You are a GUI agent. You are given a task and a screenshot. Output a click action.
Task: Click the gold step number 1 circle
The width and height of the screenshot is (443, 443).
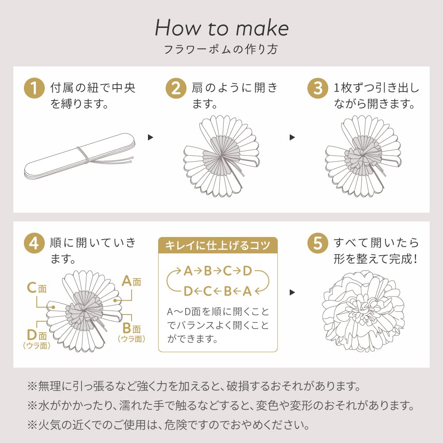point(34,88)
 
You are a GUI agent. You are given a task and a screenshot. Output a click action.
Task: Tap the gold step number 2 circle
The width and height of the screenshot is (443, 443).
point(176,88)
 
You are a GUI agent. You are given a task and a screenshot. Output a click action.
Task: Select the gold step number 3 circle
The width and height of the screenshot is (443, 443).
point(318,88)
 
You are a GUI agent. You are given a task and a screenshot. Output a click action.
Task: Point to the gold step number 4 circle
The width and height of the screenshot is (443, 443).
point(34,243)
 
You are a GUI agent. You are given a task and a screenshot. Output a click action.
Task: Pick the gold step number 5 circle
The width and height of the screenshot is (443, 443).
point(318,243)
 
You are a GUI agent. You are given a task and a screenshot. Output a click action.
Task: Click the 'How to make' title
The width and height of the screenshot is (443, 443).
point(222,27)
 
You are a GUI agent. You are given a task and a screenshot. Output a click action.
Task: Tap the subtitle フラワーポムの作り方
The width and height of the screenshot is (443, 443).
point(221,50)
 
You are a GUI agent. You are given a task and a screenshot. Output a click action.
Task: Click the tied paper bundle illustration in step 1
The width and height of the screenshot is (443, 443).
point(79,155)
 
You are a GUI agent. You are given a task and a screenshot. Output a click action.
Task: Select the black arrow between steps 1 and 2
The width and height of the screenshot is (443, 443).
point(150,137)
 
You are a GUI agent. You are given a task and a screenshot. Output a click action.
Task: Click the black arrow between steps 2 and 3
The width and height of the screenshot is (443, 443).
point(292,137)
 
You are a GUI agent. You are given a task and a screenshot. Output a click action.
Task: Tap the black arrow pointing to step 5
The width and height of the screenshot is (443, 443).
point(292,292)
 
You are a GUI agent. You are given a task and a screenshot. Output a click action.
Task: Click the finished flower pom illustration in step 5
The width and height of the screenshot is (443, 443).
point(363,311)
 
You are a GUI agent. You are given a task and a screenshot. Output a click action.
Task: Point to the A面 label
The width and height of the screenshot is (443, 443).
point(132,281)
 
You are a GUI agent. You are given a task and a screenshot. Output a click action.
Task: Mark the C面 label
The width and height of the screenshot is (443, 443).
point(37,288)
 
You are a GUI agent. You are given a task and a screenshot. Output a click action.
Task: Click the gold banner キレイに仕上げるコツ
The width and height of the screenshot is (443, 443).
point(218,245)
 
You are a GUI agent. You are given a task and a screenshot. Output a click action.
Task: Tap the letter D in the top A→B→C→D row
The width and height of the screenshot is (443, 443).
point(247,271)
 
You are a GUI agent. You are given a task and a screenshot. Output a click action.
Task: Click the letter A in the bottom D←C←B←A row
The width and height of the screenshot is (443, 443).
point(247,291)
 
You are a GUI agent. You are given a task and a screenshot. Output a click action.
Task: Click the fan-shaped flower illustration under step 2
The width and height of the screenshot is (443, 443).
point(221,156)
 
